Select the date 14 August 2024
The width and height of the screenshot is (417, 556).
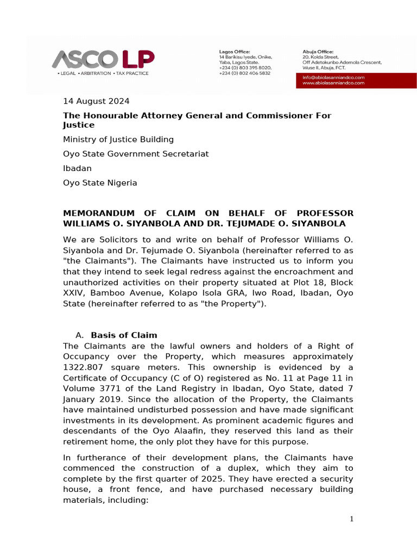point(96,101)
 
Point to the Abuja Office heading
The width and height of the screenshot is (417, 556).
point(318,52)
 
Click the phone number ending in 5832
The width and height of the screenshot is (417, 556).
point(244,73)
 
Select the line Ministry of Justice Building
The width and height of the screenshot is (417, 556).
point(118,140)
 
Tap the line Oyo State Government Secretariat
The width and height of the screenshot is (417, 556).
point(136,154)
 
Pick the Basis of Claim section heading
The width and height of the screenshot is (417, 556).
point(124,334)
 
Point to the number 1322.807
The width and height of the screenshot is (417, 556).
point(81,367)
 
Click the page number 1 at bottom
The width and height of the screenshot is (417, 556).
point(351,520)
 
